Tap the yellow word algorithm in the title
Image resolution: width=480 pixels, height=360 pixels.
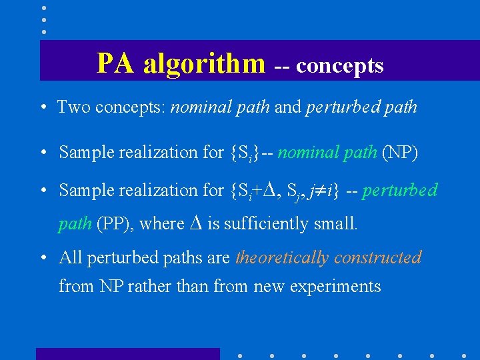pos(204,64)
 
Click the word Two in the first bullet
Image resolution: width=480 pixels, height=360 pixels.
pos(73,107)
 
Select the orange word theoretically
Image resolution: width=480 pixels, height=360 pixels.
pos(283,257)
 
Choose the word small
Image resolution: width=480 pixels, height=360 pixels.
pos(336,224)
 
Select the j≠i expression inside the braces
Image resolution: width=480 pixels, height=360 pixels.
pos(323,191)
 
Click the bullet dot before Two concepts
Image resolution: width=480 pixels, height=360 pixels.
pos(42,107)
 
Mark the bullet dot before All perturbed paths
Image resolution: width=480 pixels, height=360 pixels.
pos(42,258)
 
